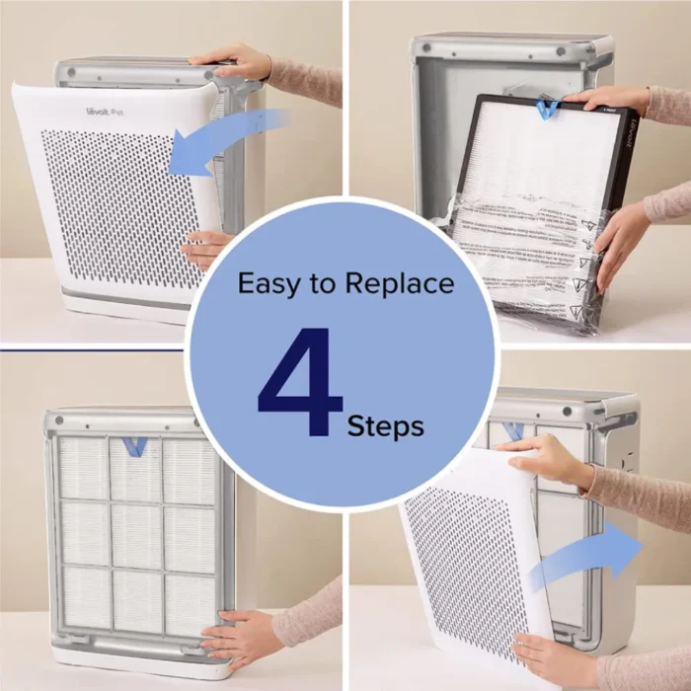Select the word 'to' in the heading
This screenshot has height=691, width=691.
(x=322, y=284)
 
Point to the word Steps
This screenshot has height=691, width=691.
(x=385, y=426)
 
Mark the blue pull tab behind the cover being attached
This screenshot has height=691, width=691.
(x=513, y=430)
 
